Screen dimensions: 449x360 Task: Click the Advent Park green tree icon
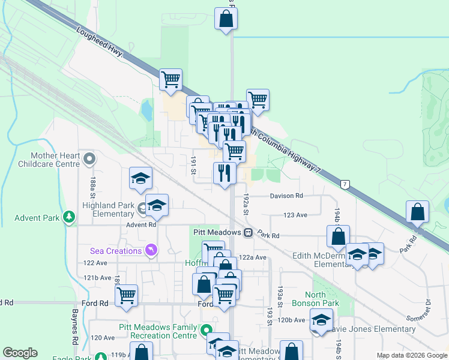[70, 217]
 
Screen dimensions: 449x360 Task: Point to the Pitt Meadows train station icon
[247, 232]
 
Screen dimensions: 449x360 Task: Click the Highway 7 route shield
[344, 184]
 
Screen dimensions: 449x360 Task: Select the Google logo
[20, 353]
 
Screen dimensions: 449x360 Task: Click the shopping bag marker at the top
[226, 18]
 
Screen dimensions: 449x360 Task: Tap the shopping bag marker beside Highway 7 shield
[417, 212]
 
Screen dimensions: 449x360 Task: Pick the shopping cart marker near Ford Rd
[127, 295]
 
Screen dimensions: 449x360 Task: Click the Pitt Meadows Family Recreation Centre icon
[206, 329]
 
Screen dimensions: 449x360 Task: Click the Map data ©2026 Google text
[411, 355]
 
